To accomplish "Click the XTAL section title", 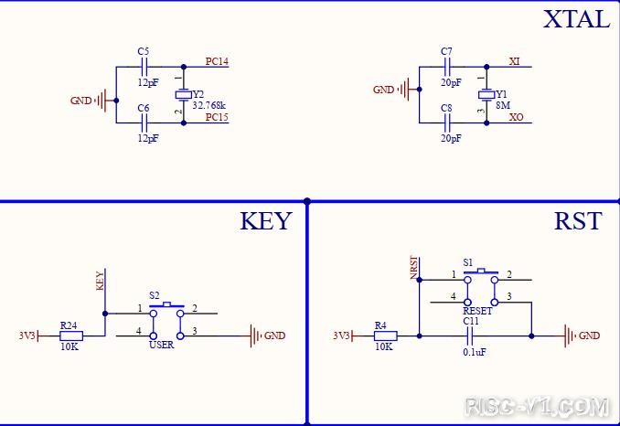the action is tap(576, 19).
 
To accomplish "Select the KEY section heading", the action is tap(266, 221).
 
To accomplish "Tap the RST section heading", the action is tap(578, 221).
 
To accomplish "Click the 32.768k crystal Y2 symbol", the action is tap(184, 95).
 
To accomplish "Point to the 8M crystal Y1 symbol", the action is tap(486, 95).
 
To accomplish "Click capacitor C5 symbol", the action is tap(144, 67).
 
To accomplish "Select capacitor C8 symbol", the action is tap(447, 122).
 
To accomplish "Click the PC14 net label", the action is tap(217, 61).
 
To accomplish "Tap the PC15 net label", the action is tap(217, 117).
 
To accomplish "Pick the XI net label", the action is tap(515, 61).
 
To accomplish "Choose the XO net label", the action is tap(516, 117).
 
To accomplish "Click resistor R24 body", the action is tap(71, 336).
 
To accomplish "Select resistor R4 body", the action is tap(386, 336).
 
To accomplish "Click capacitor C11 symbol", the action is tap(471, 336).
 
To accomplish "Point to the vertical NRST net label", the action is tap(413, 268).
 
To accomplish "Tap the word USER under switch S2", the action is tap(161, 345).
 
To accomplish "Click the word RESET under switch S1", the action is tap(477, 311).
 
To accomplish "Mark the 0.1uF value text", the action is tap(475, 352).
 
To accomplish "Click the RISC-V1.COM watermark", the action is tap(537, 406).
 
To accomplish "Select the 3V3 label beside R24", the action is tap(27, 335).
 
